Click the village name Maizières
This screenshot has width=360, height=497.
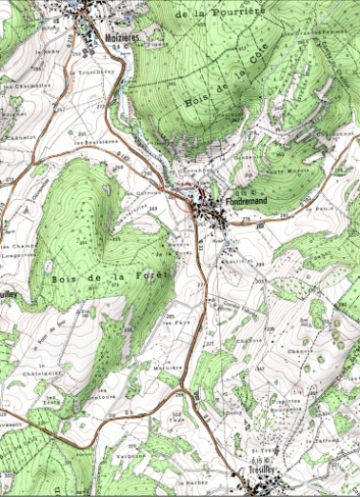pyautogui.click(x=119, y=36)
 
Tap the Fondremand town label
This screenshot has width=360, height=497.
pyautogui.click(x=251, y=202)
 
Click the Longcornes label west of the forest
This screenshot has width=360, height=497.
pyautogui.click(x=19, y=254)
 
